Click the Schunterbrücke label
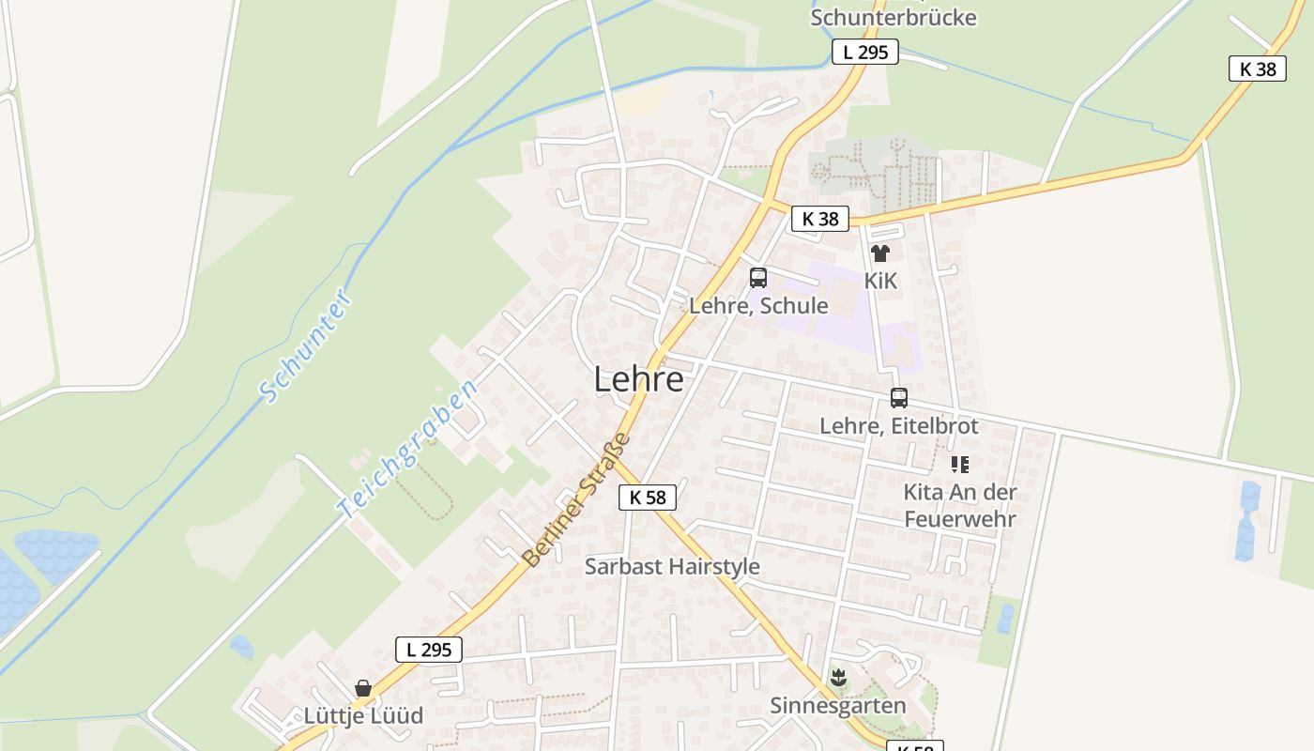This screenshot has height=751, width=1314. pos(893,17)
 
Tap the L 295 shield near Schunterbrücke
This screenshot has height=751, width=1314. pos(864,52)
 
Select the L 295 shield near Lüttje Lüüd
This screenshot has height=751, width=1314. pos(429,650)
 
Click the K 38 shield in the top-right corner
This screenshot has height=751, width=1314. pos(1257,69)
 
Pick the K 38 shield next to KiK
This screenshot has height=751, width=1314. pos(819,219)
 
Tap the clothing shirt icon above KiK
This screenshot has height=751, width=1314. pos(879,253)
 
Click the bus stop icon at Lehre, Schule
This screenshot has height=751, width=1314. pos(758,278)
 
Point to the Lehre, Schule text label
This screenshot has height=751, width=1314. pos(758,305)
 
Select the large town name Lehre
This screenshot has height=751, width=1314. pos(639,379)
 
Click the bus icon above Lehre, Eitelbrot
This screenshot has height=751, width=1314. pos(898,398)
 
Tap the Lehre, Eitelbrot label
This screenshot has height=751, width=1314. pos(898,425)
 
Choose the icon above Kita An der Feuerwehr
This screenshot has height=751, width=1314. pos(959,465)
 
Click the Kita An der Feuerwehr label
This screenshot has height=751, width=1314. pos(959,505)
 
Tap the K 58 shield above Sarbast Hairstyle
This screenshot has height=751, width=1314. pos(648,498)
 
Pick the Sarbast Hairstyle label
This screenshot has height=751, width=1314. pos(672,566)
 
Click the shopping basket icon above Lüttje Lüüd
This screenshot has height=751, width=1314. pos(363,689)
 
